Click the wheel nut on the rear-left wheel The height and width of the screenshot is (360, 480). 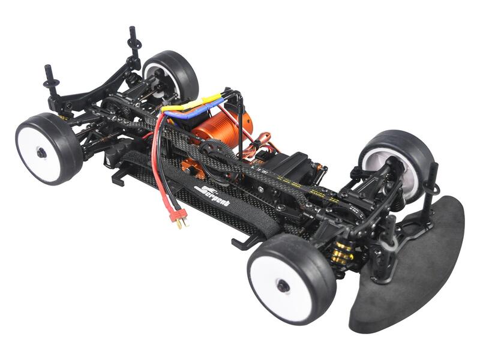(x=41, y=152)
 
